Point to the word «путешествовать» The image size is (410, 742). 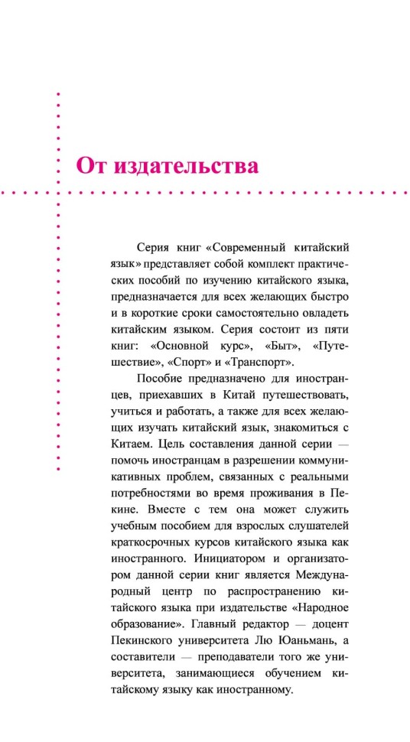(x=307, y=396)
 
